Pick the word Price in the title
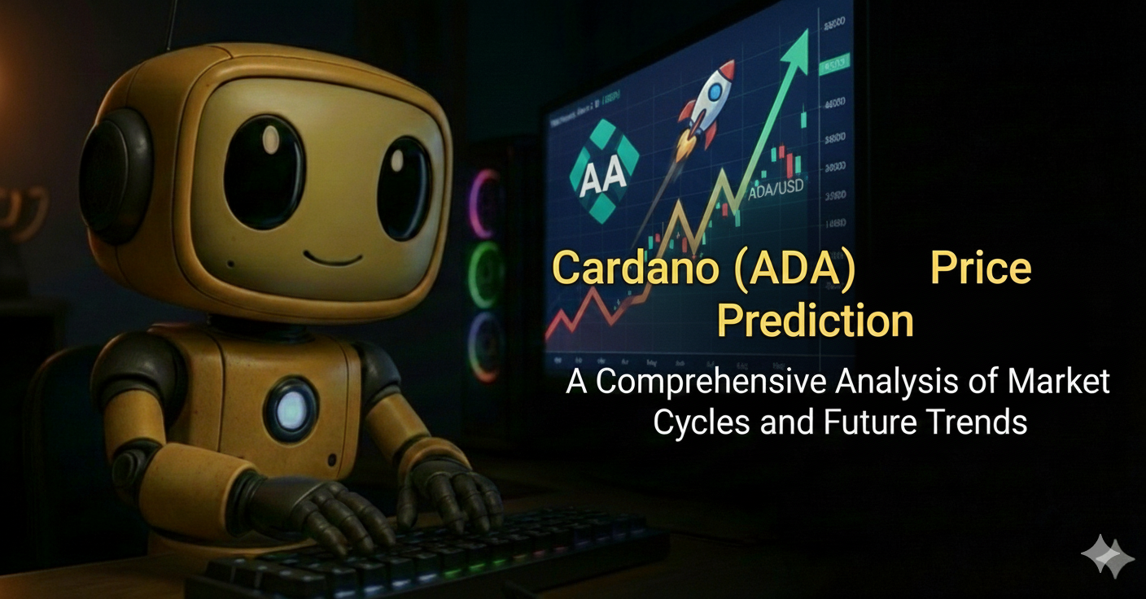click(980, 268)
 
